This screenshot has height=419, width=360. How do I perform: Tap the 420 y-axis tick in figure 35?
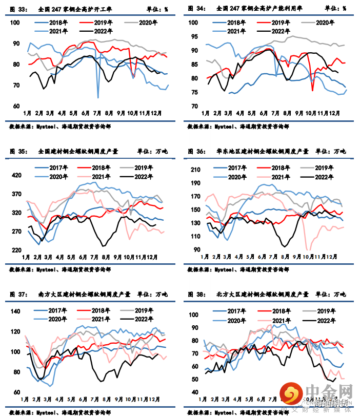[x=17, y=175]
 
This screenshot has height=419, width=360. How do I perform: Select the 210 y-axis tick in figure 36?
[x=195, y=170]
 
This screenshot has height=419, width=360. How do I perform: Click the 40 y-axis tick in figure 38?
[x=195, y=392]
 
